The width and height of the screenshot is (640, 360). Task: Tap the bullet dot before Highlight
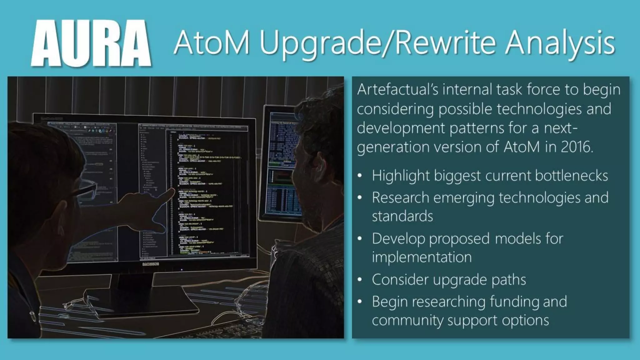360,176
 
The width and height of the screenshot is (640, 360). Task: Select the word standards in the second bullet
402,216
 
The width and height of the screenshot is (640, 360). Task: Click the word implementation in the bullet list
422,257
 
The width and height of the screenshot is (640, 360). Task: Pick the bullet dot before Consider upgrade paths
360,280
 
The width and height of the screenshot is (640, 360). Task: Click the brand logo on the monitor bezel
150,264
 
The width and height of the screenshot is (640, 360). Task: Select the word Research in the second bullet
400,198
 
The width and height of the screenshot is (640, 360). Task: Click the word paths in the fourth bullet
508,280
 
